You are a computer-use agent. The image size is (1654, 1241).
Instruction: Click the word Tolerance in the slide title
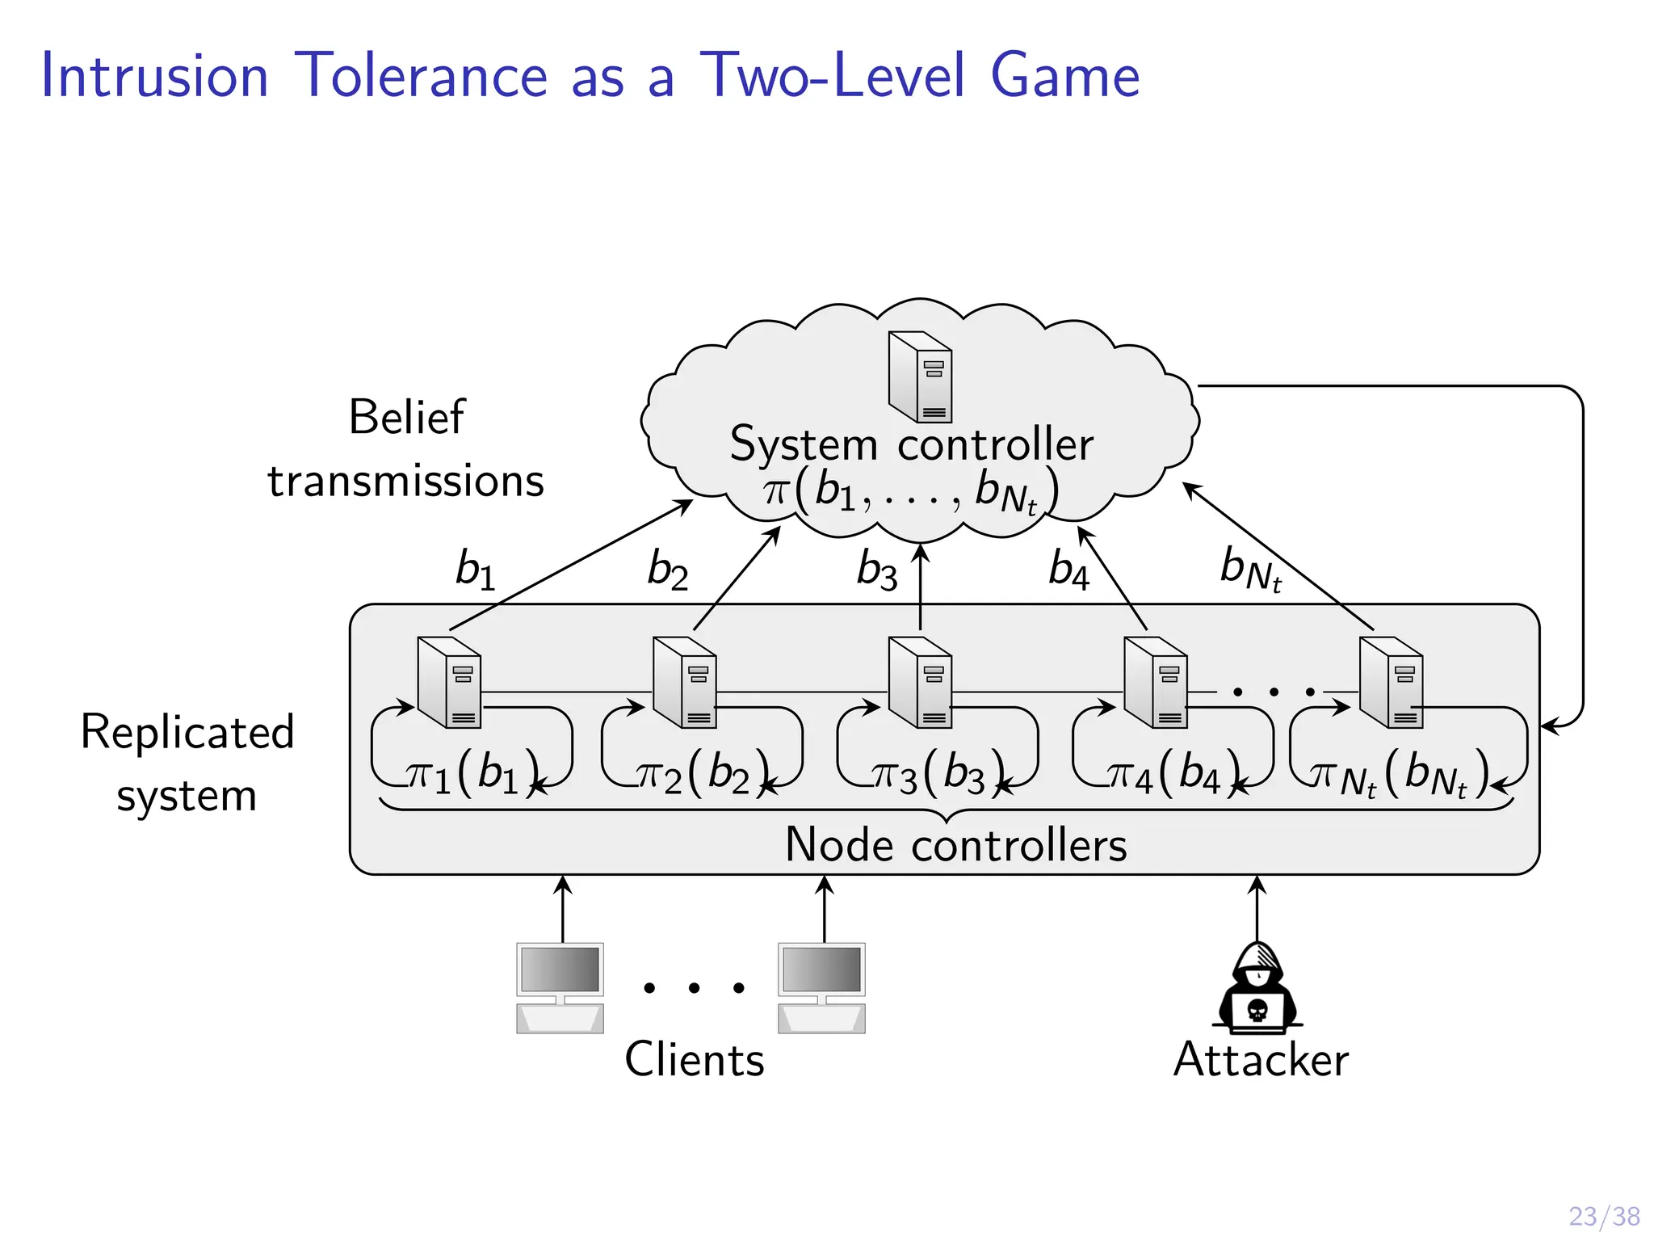click(420, 76)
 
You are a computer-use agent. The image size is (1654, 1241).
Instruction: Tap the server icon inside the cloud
click(920, 377)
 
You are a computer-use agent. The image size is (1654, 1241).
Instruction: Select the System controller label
click(911, 444)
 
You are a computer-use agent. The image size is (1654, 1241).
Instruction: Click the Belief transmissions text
click(406, 449)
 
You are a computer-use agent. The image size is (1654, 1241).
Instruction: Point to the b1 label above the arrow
click(475, 569)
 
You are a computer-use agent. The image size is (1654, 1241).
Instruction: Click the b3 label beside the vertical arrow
click(877, 570)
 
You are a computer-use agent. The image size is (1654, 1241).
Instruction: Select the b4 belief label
click(1068, 569)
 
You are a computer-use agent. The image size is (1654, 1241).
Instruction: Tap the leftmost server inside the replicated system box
click(449, 682)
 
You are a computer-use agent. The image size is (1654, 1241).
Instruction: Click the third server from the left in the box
click(920, 682)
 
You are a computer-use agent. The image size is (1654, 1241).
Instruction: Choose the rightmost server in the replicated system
click(1391, 682)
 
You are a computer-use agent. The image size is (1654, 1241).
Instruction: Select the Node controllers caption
click(955, 845)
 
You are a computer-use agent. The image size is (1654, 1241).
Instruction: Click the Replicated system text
click(187, 764)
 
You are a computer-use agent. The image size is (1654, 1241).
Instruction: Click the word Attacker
click(1261, 1059)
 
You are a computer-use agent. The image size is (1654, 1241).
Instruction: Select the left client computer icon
click(560, 987)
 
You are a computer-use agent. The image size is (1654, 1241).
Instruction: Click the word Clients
click(694, 1059)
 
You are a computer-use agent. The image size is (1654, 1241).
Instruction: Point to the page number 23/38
click(1604, 1216)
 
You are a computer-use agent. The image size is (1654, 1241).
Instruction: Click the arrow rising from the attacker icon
click(1257, 909)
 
